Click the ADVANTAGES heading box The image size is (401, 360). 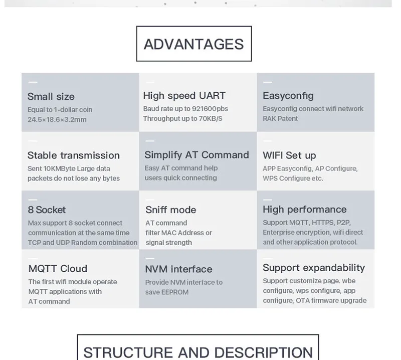[194, 44]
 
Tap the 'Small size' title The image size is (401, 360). [51, 96]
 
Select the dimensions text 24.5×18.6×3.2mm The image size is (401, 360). [57, 119]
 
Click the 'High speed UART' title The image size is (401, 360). [184, 95]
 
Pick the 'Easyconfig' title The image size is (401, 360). [288, 95]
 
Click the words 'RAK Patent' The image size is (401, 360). [280, 118]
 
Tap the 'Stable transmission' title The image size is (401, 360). [73, 155]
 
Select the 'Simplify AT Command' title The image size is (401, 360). [196, 155]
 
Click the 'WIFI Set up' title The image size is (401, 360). [289, 155]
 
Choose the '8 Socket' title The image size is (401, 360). [47, 210]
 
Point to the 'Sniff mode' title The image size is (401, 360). [170, 210]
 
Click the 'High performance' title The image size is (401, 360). [304, 209]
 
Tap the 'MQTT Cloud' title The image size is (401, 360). [58, 268]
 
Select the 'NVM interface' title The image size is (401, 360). [178, 269]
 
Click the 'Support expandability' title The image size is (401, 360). [314, 268]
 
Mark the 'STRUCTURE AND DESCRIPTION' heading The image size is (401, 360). [198, 351]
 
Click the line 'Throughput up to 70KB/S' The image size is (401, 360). [182, 118]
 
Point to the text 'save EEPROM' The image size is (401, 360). [166, 292]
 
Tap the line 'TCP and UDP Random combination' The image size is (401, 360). [83, 243]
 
